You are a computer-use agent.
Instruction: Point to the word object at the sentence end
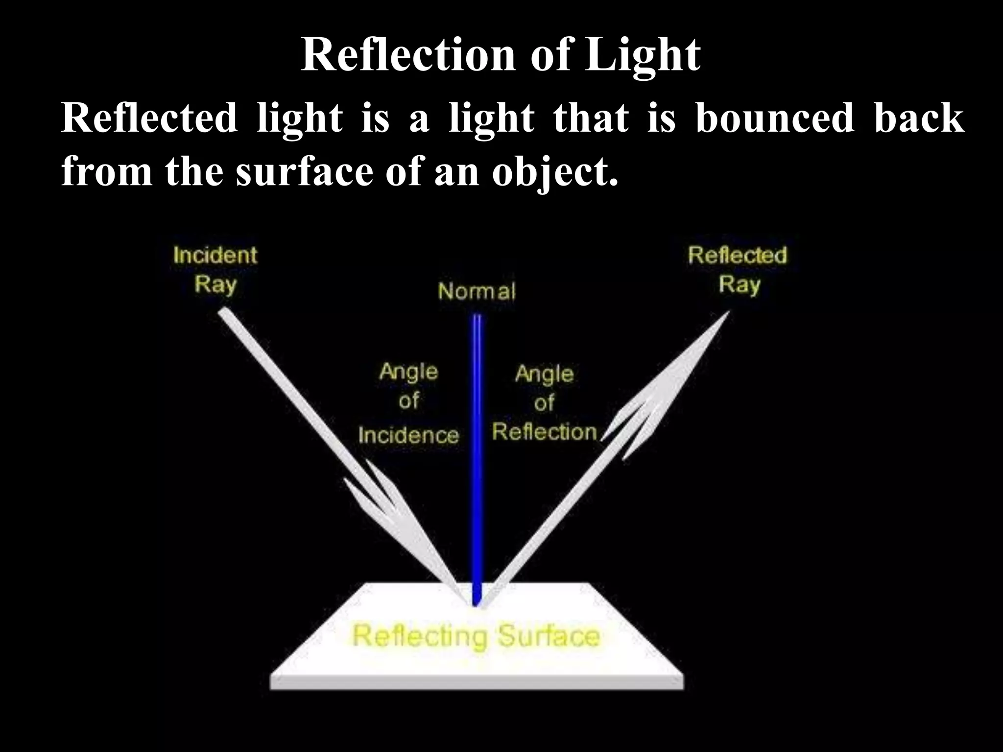coord(553,172)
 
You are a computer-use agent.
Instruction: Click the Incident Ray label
coord(215,269)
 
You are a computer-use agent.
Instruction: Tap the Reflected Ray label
coord(738,269)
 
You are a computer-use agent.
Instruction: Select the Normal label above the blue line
coord(477,292)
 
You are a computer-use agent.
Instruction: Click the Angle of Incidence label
coord(408,403)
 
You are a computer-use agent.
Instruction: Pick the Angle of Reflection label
coord(544,403)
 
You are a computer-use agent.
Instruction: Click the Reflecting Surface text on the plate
coord(476,636)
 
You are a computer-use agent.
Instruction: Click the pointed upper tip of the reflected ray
coord(727,314)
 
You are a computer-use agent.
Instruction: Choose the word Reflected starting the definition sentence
coord(149,118)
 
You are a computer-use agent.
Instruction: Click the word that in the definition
coord(591,118)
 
